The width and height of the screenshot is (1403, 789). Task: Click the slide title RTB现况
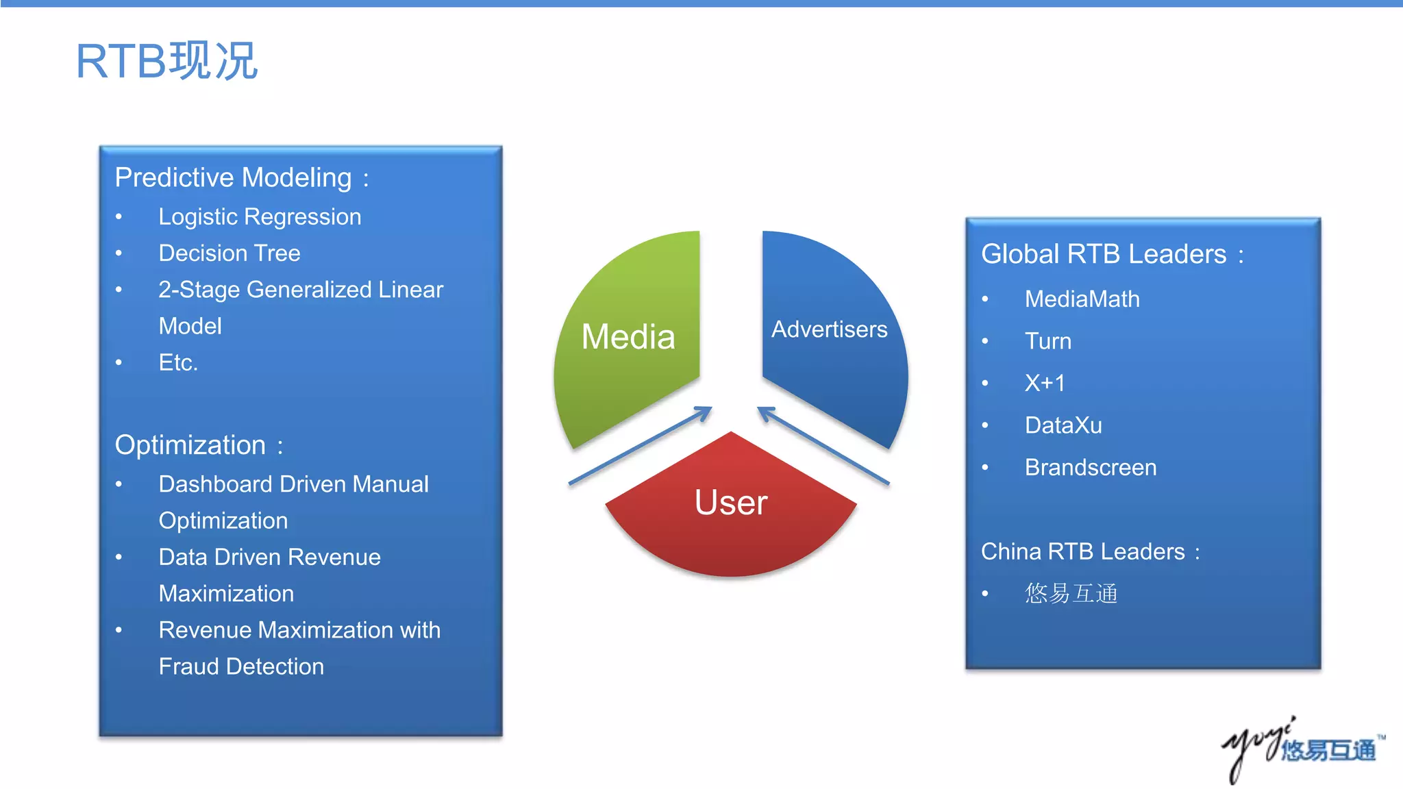click(166, 61)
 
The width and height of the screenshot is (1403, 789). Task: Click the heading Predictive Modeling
click(233, 177)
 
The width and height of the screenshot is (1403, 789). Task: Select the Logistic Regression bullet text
click(260, 216)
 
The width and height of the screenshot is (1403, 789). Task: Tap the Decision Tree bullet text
click(229, 253)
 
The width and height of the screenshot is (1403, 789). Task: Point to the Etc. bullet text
click(178, 362)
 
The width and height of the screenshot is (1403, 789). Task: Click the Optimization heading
click(190, 445)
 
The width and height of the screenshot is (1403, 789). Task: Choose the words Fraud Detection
click(241, 666)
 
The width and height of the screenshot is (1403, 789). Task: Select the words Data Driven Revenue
click(269, 557)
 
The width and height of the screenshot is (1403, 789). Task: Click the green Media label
click(628, 337)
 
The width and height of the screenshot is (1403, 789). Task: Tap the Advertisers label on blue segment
click(829, 329)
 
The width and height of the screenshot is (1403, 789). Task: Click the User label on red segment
click(731, 502)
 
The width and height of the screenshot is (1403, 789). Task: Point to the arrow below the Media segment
click(641, 445)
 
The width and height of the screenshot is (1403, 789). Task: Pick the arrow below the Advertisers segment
click(823, 445)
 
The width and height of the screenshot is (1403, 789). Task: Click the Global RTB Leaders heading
click(1104, 254)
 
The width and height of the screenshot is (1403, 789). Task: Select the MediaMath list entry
click(1082, 299)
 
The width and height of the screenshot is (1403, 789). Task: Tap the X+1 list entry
click(1045, 383)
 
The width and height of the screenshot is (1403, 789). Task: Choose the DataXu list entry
click(1063, 425)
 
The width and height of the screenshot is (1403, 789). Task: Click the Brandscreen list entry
click(1091, 468)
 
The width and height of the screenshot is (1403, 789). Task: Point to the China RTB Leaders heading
click(1082, 551)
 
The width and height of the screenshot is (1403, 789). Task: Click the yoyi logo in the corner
click(1302, 749)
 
